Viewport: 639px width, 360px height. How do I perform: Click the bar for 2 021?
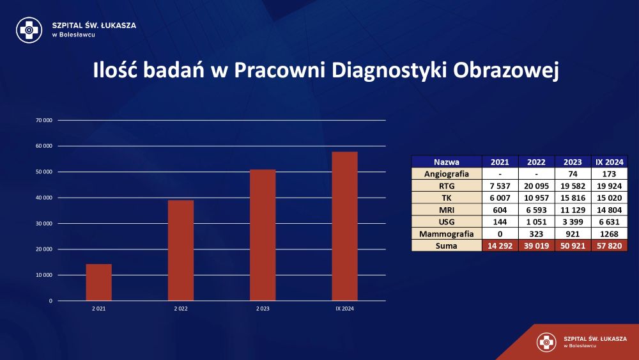[98, 283]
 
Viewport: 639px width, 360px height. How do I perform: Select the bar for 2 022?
[181, 250]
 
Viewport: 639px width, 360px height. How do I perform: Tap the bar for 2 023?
[263, 235]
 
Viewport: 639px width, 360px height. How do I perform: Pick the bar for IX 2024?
[345, 226]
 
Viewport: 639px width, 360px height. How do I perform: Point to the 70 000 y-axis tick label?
[44, 120]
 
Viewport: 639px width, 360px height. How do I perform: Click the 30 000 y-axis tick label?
[44, 223]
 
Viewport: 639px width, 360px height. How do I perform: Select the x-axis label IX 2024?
[345, 309]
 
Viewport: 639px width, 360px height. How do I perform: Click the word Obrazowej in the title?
[505, 70]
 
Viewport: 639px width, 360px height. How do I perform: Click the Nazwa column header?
[447, 162]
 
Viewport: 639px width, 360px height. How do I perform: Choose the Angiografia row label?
[447, 174]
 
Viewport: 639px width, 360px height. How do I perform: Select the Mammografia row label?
[447, 234]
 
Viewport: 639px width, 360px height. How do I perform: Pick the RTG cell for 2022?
[536, 186]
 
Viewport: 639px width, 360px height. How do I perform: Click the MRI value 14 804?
[609, 210]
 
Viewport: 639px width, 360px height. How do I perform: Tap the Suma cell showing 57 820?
[609, 246]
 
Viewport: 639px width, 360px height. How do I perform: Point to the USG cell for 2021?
[500, 222]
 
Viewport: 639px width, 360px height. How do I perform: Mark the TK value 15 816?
[573, 198]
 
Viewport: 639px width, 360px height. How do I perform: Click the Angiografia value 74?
[573, 174]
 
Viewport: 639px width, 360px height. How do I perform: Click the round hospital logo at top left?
[29, 30]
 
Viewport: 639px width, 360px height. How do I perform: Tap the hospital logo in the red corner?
[546, 342]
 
